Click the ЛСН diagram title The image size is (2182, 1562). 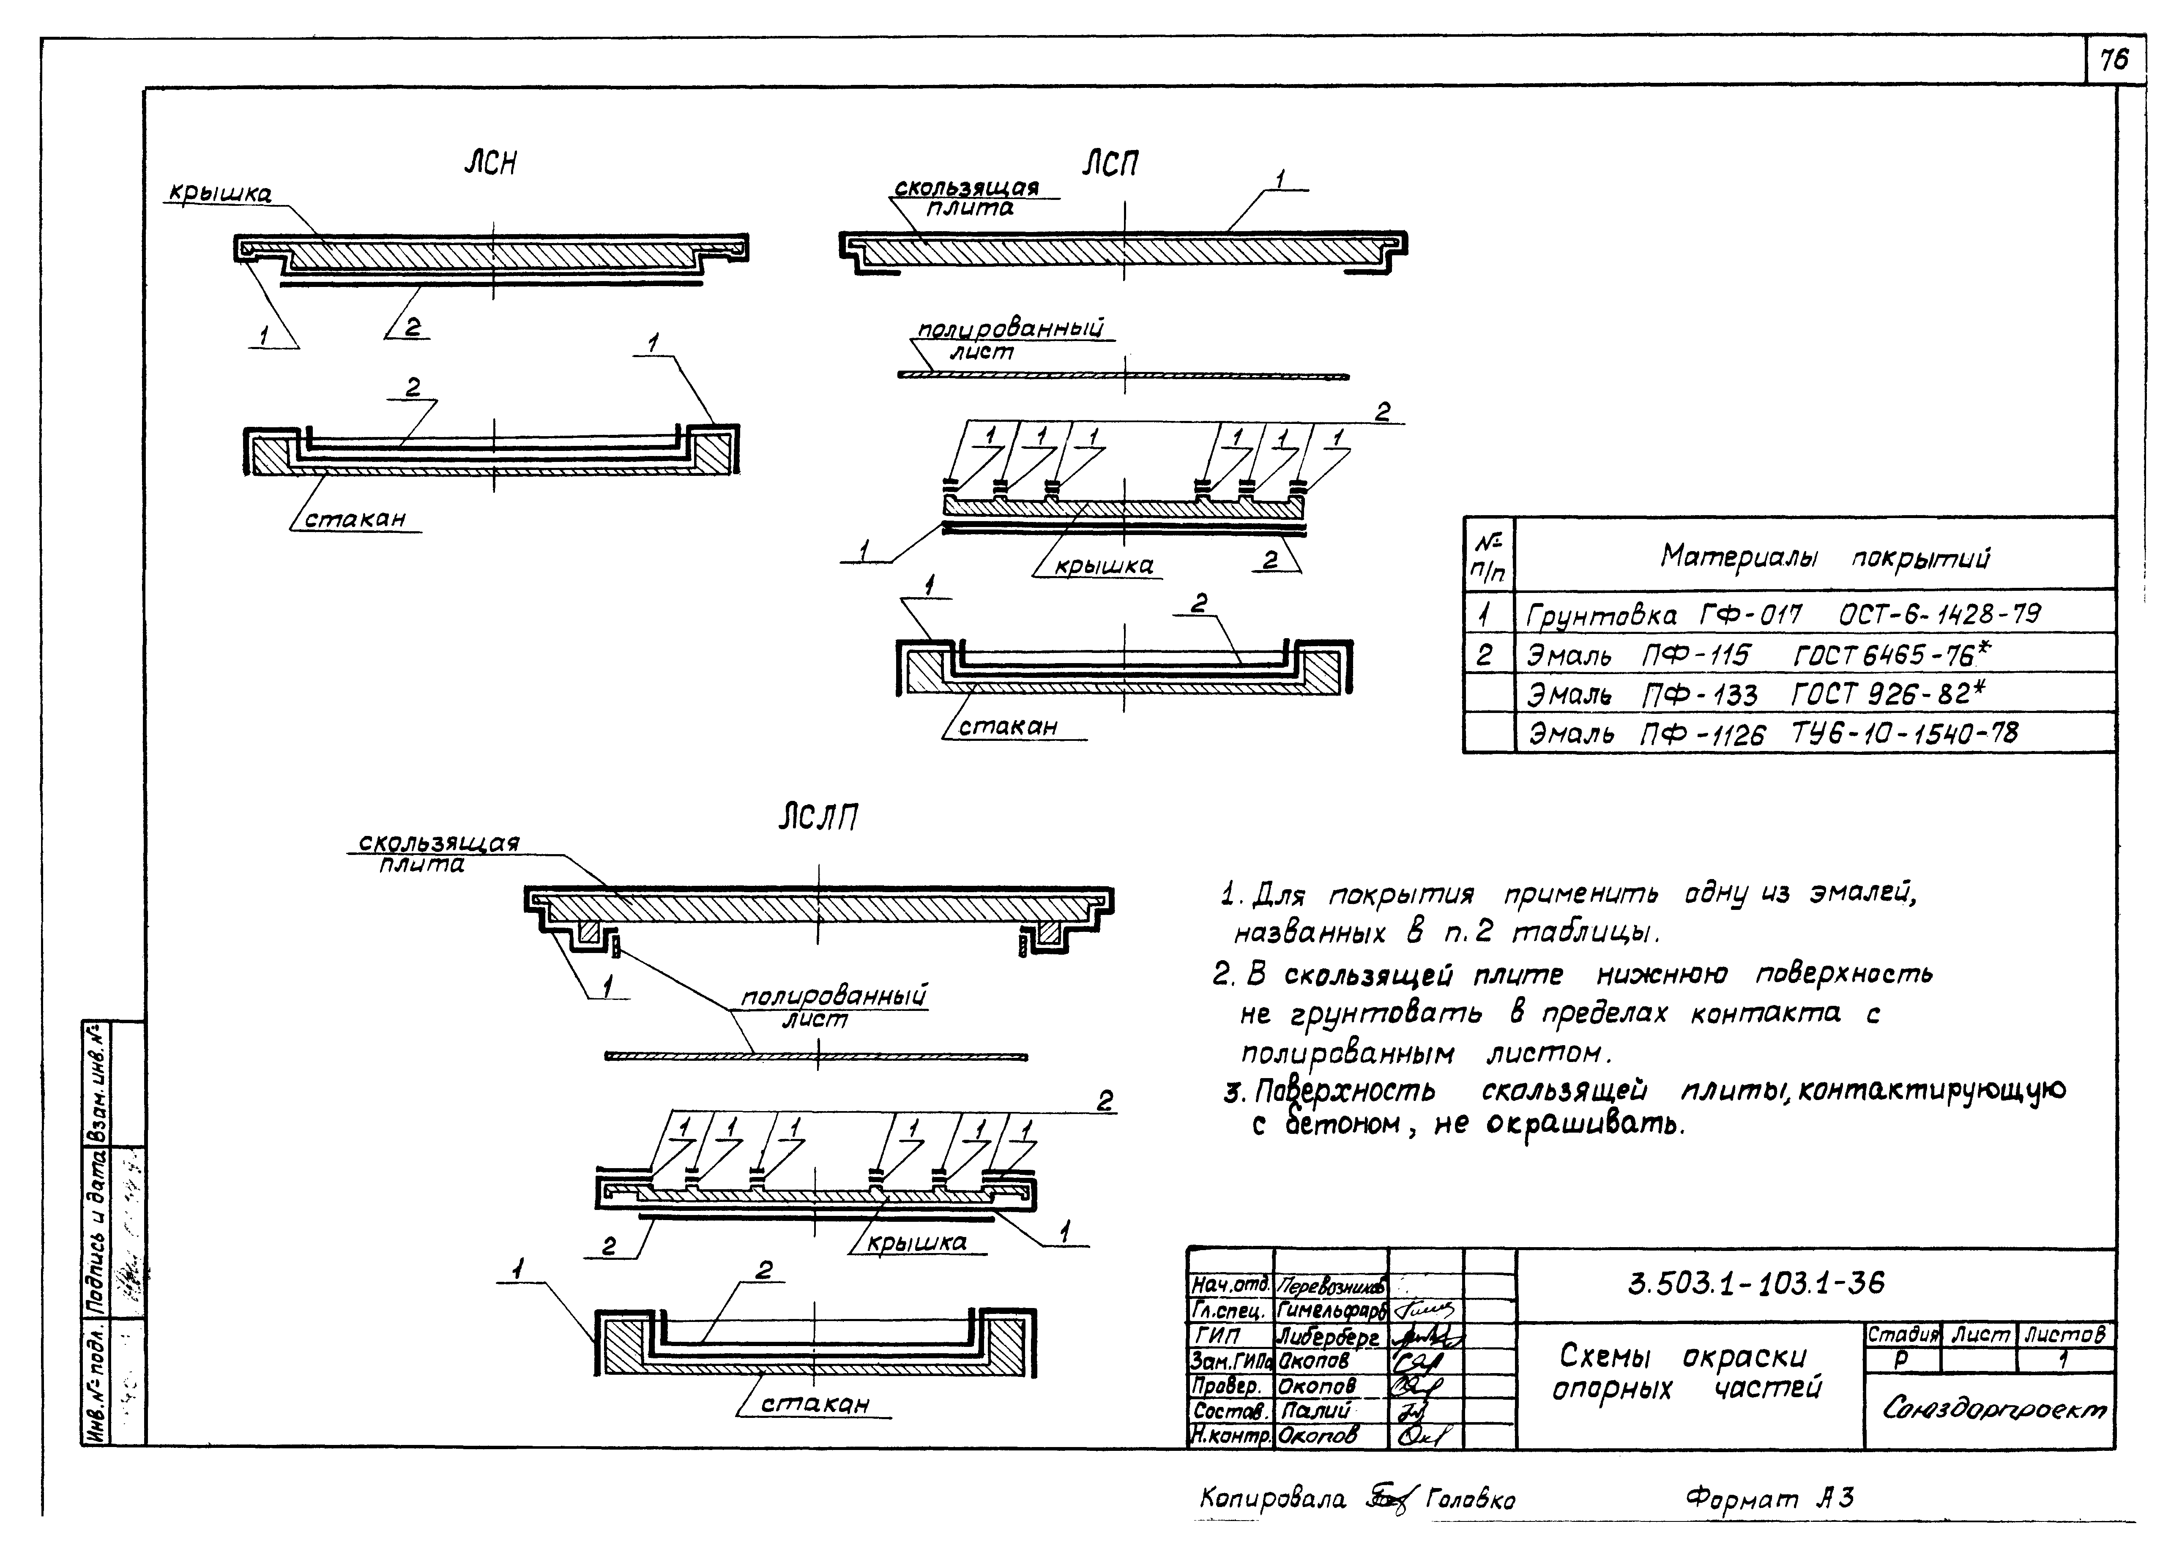491,164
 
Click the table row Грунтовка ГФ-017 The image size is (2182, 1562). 1782,614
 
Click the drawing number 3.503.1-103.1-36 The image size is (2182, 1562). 1756,1284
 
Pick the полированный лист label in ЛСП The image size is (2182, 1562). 1010,341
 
